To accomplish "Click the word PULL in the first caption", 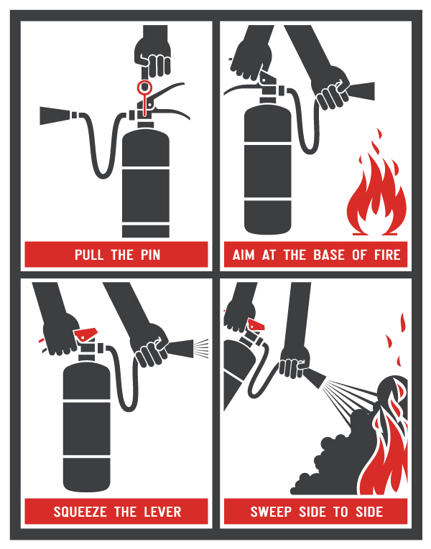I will (x=91, y=255).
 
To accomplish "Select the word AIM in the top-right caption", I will (x=244, y=255).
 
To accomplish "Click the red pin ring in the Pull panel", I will (x=144, y=88).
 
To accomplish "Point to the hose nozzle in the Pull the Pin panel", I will (x=57, y=114).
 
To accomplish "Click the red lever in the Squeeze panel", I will (x=86, y=332).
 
